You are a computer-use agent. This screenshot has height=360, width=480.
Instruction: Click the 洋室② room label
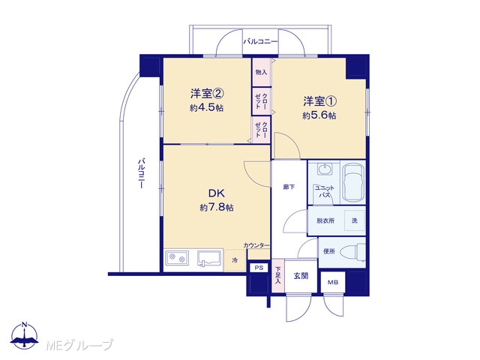point(207,94)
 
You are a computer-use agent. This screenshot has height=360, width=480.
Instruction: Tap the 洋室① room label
point(320,101)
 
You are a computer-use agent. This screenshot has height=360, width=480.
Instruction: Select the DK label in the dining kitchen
point(217,193)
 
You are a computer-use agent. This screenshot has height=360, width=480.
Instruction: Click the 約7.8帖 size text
point(217,208)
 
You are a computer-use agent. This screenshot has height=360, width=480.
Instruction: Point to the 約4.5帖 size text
point(206,108)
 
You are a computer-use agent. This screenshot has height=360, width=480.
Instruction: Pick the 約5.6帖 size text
point(319,115)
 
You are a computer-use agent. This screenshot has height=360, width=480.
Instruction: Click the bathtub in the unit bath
point(353,183)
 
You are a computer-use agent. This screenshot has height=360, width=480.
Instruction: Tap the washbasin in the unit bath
point(325,169)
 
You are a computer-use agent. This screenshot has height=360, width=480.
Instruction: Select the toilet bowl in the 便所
point(355,252)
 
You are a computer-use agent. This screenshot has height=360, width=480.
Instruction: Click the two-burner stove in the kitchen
point(177,258)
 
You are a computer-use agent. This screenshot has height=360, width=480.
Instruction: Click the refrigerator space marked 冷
point(235,260)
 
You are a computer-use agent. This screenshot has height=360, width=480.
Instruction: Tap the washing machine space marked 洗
point(355,220)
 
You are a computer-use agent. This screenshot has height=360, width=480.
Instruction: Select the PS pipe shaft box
point(259,268)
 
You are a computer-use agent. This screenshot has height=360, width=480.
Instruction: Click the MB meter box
point(333,283)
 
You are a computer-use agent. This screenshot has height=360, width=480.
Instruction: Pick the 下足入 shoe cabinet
point(278,275)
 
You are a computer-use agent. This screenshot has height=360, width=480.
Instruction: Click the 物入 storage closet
point(261,72)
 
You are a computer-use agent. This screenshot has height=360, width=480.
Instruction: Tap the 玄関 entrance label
point(301,276)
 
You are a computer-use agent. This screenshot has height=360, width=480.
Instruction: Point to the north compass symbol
point(25,336)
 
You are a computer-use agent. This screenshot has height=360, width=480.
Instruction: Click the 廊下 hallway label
point(289,187)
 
